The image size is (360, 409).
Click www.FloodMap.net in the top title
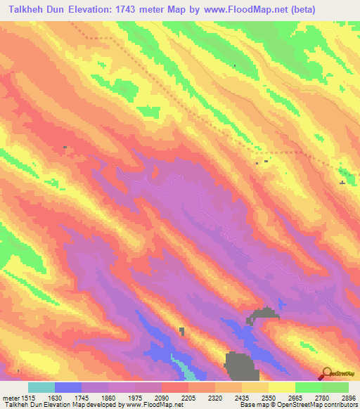click(x=240, y=10)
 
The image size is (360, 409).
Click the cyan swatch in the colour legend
click(x=41, y=387)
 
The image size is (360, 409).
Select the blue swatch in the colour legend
click(x=68, y=387)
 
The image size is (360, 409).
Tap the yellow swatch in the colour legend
click(x=282, y=387)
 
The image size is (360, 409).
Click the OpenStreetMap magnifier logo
click(x=326, y=373)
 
